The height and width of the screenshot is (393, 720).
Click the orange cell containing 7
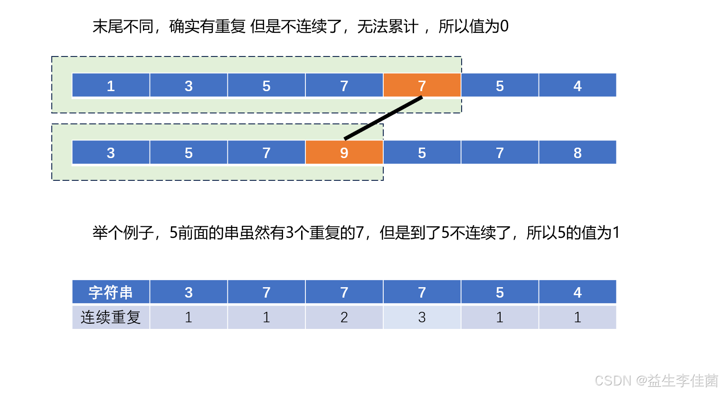point(422,85)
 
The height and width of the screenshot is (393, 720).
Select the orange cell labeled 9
point(344,152)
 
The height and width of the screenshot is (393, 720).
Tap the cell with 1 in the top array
point(111,85)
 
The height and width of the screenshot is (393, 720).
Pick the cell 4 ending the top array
point(577,85)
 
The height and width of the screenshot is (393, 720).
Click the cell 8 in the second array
point(577,152)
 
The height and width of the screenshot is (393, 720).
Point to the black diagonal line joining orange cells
point(383,118)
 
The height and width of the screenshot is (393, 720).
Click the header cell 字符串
point(111,292)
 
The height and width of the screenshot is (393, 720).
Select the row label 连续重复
point(111,317)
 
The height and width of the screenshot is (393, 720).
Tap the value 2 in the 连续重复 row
point(344,317)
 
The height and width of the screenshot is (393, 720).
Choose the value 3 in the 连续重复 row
point(422,317)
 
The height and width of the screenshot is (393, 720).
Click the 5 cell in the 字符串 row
point(500,292)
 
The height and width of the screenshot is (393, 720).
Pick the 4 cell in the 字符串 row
point(577,292)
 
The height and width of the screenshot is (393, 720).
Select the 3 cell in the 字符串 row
point(189,292)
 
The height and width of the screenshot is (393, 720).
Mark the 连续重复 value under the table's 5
point(500,317)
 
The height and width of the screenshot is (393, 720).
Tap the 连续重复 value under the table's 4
point(577,317)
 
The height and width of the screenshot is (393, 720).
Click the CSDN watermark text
point(656,380)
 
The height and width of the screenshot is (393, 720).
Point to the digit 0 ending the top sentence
point(504,26)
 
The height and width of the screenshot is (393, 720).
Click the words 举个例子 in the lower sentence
point(123,233)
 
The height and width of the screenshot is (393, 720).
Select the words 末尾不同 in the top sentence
point(123,26)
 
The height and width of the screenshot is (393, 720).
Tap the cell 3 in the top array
point(189,85)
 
